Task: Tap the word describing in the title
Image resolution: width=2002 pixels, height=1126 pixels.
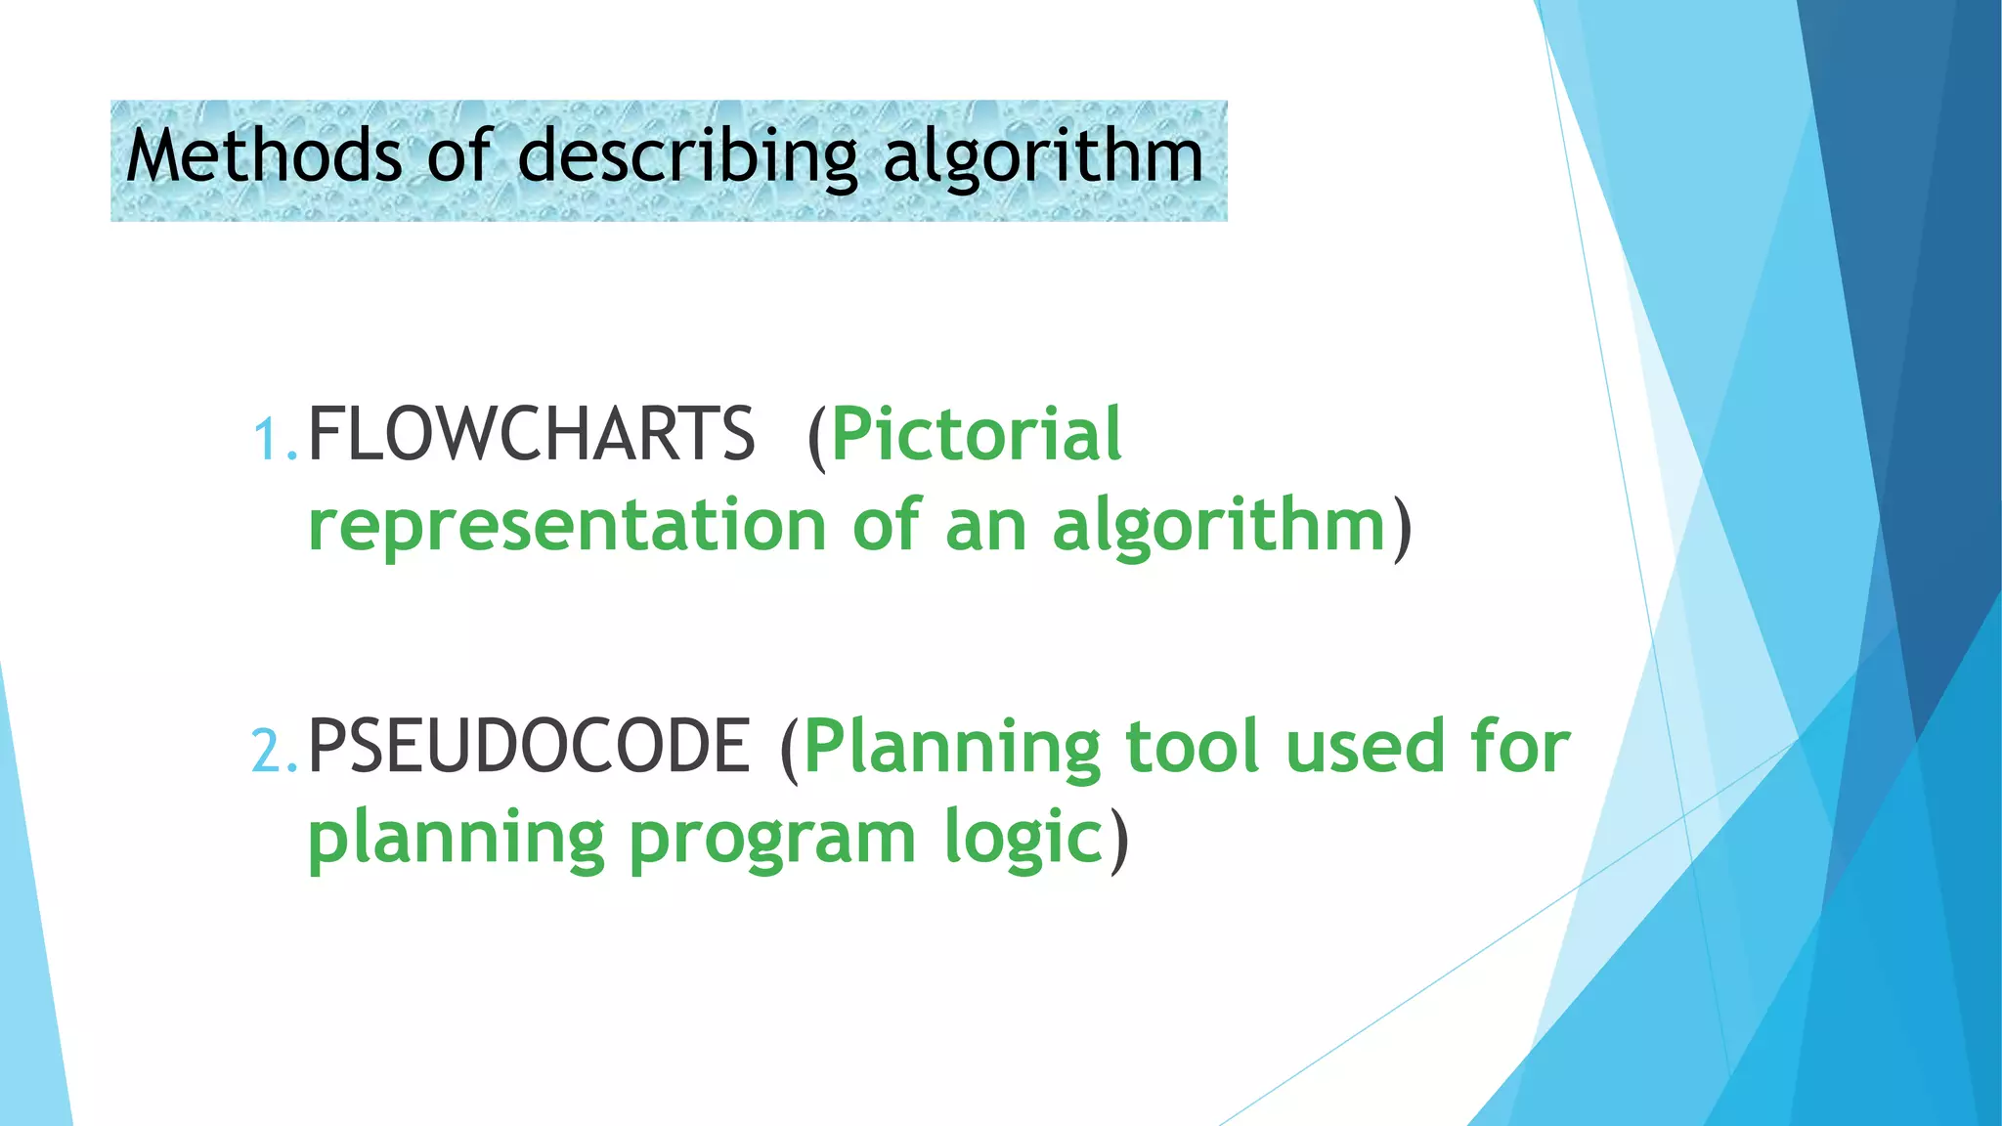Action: [687, 156]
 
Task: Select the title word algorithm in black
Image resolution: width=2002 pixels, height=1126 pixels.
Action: [1043, 156]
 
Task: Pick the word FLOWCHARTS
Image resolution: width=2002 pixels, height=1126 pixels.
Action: [531, 434]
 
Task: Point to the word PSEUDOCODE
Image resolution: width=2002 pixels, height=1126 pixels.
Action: [529, 747]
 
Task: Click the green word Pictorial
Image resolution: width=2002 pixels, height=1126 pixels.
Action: [977, 434]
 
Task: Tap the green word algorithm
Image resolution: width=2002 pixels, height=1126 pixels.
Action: [1219, 526]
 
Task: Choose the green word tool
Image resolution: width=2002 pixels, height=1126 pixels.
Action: [1192, 747]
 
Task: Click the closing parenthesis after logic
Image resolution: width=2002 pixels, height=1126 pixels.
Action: [1119, 839]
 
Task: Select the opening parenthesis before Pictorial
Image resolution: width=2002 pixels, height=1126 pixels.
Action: [817, 436]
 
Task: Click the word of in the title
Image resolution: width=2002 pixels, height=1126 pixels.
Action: [457, 156]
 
